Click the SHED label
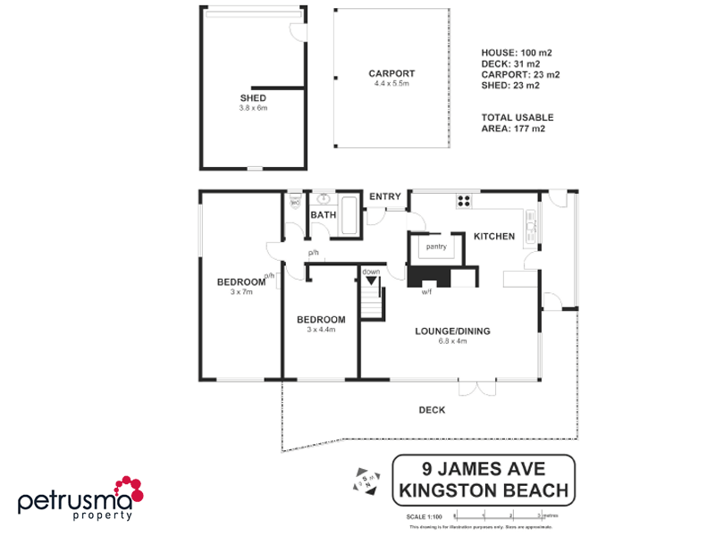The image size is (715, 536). [x=253, y=97]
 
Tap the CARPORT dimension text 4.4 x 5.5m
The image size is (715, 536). [x=391, y=83]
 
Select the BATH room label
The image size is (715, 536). [x=323, y=215]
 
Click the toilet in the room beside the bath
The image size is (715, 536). [x=295, y=203]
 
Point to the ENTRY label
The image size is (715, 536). [x=385, y=197]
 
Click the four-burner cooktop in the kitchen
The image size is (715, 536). [x=465, y=200]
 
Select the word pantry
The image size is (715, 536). [x=436, y=247]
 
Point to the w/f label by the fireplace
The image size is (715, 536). [x=426, y=292]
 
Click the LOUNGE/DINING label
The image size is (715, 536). [x=452, y=331]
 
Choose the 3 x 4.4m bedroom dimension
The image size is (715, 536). [x=321, y=330]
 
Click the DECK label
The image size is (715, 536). [x=432, y=410]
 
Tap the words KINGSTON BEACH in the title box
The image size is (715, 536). [x=484, y=490]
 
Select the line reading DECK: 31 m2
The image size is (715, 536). [x=510, y=63]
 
